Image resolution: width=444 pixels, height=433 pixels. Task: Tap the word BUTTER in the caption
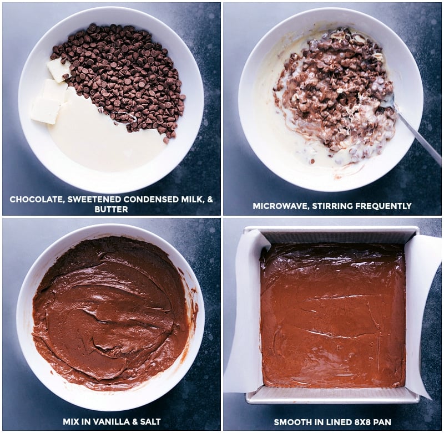pos(111,210)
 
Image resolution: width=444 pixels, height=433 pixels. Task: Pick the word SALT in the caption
pos(149,422)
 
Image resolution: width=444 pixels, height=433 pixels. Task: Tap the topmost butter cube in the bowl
pos(58,69)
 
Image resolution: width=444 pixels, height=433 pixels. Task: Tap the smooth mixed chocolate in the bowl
pos(111,310)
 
